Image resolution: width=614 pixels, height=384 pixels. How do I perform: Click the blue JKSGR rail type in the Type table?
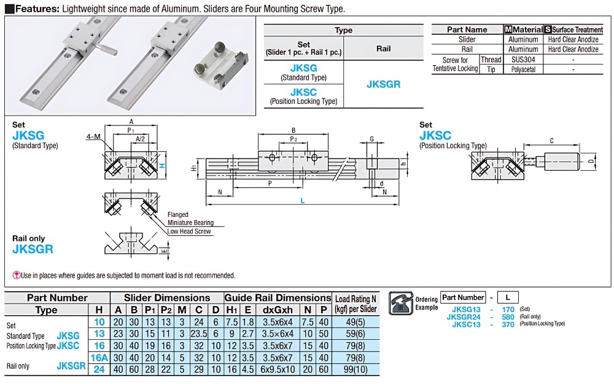[x=383, y=84]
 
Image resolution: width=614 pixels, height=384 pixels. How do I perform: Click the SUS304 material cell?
[x=523, y=60]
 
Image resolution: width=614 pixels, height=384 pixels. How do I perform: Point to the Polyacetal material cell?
[x=523, y=69]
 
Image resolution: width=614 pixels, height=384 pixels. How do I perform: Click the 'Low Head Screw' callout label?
[x=190, y=232]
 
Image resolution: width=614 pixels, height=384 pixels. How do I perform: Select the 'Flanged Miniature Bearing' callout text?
[x=190, y=219]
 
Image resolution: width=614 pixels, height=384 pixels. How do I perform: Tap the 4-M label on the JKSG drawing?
[x=94, y=136]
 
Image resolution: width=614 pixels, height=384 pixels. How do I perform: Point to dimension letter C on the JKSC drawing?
[x=551, y=141]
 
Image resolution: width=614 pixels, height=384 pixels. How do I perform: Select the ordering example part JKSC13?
[x=466, y=324]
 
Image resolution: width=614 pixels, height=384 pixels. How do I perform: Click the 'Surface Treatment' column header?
[x=577, y=29]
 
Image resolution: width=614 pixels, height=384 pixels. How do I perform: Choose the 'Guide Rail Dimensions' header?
[x=278, y=298]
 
